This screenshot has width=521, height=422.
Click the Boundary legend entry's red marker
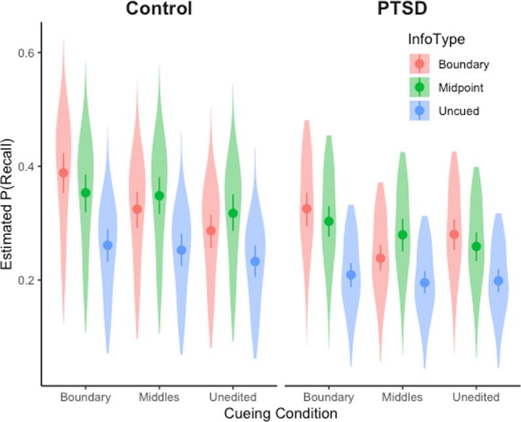(x=419, y=64)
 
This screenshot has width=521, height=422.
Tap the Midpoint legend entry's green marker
(x=419, y=87)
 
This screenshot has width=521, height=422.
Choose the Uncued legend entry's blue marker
(x=419, y=111)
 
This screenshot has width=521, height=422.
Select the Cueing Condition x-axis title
(x=281, y=413)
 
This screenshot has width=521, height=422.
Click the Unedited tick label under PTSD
(x=476, y=397)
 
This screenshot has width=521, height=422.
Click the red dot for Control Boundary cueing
(x=63, y=173)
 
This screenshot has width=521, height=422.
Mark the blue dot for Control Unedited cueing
(x=255, y=261)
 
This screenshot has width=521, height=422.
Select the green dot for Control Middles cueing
(x=159, y=195)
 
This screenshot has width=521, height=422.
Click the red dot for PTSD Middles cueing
(x=381, y=258)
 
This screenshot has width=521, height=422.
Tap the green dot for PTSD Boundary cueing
(x=329, y=221)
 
